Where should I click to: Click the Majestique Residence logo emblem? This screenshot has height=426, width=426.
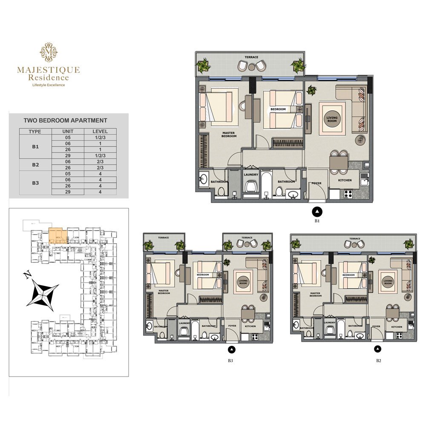click(x=48, y=52)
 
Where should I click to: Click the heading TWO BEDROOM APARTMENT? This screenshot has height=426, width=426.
click(x=65, y=121)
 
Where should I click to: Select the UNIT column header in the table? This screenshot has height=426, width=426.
click(x=68, y=132)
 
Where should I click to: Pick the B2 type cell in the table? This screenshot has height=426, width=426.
click(x=35, y=164)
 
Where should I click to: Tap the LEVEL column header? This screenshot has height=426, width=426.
click(x=100, y=132)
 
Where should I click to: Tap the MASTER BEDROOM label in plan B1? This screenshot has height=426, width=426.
click(x=229, y=135)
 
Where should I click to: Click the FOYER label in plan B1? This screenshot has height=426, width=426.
click(x=316, y=184)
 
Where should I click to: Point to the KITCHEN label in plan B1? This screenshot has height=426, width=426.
click(x=345, y=180)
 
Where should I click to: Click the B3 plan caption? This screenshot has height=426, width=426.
click(x=230, y=361)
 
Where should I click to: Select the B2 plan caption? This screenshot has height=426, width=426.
click(x=378, y=361)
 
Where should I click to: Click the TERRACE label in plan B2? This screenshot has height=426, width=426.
click(x=354, y=239)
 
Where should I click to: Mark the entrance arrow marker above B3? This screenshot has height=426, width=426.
click(x=231, y=350)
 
